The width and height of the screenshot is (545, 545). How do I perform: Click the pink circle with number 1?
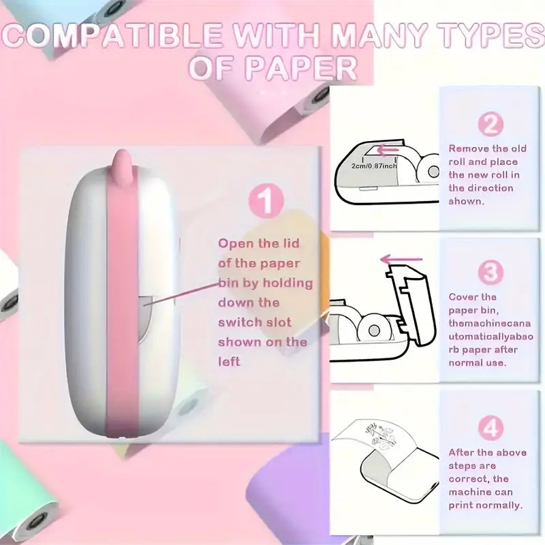[x=266, y=201]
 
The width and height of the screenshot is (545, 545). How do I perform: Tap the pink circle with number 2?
[x=490, y=124]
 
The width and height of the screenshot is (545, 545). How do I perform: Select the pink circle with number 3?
[x=490, y=272]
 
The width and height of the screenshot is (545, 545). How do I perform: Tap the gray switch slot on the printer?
[x=146, y=319]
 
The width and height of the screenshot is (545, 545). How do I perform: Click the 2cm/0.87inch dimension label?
[x=373, y=166]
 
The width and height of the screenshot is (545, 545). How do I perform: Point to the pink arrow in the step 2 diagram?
[x=387, y=151]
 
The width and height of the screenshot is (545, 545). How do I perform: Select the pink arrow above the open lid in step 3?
[x=401, y=260]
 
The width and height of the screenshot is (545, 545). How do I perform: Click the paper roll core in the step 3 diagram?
[x=373, y=330]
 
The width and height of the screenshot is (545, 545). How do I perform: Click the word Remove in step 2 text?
[x=469, y=149]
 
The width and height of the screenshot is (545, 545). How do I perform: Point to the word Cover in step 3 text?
[x=463, y=297]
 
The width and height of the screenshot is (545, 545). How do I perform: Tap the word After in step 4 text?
[x=461, y=452]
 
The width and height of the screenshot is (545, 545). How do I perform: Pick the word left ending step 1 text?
[x=229, y=362]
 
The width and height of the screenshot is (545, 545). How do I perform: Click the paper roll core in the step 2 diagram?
[x=434, y=172]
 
